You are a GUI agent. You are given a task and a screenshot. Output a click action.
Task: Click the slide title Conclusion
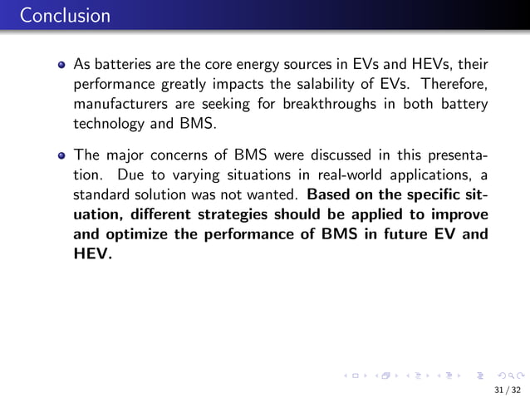tap(55, 16)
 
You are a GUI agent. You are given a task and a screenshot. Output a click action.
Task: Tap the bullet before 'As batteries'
tap(62, 64)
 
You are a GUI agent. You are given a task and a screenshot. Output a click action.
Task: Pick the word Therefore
tap(454, 85)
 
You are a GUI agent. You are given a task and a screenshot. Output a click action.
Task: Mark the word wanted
tap(275, 195)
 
